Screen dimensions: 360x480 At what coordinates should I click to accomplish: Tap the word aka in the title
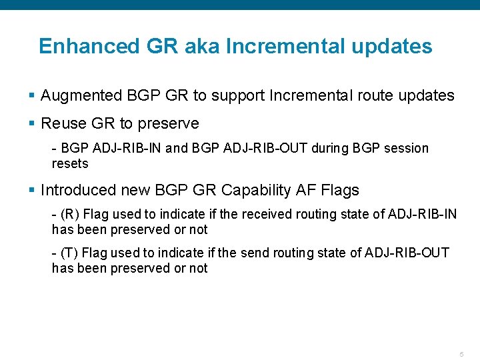coord(201,46)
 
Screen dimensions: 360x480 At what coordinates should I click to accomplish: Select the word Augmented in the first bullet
coord(81,95)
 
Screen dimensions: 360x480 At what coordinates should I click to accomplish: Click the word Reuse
coord(62,123)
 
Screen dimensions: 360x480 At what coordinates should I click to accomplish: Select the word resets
coord(70,163)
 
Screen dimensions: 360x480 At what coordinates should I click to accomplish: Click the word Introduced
coord(78,190)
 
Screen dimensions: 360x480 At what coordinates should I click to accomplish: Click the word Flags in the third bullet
coord(339,190)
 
